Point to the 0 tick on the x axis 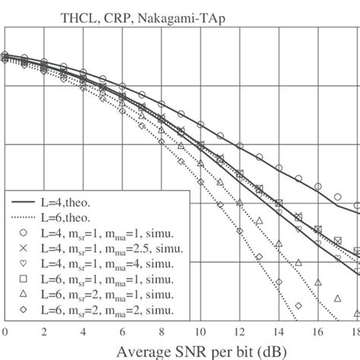click(5, 332)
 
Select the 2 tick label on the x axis click(44, 332)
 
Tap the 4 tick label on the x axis click(83, 332)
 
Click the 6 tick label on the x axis click(122, 332)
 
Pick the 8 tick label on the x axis click(161, 332)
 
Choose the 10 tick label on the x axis click(200, 332)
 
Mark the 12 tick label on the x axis click(239, 332)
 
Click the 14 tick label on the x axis click(278, 332)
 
